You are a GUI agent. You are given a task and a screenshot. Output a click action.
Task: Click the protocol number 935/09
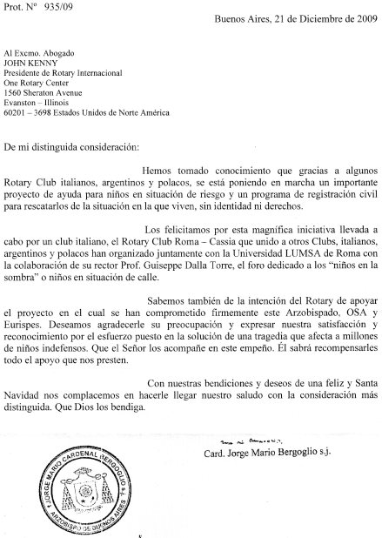[x=51, y=6]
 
